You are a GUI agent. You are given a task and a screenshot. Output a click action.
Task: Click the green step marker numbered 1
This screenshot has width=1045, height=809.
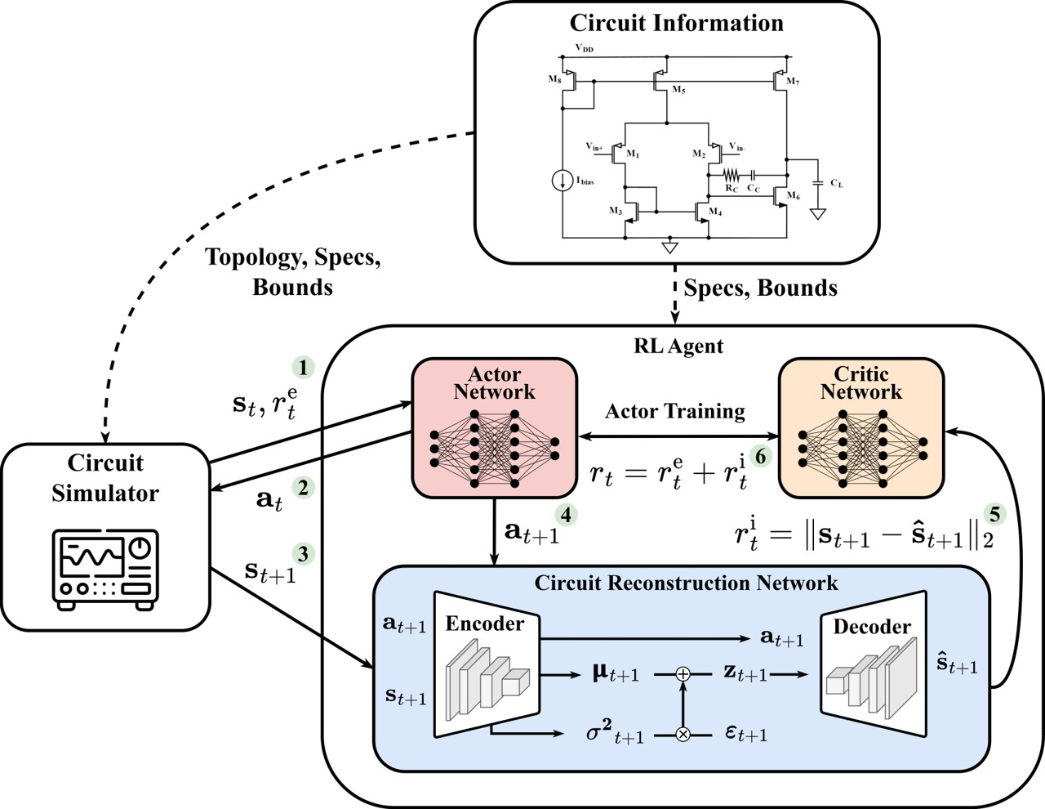(304, 368)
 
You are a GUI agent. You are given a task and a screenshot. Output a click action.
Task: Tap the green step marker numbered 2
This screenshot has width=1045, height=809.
(304, 489)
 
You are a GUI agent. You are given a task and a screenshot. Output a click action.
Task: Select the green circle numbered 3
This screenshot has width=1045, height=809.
(304, 554)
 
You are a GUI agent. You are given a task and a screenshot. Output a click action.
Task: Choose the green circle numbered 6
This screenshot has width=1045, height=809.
(761, 456)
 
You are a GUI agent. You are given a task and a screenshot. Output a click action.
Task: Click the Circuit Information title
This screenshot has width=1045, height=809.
(676, 23)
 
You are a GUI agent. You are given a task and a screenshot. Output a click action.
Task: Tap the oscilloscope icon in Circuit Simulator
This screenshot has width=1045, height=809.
(105, 569)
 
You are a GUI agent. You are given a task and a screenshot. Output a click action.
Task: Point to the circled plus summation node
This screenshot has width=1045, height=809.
(683, 674)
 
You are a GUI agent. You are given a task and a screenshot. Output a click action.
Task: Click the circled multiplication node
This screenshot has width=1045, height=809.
(683, 735)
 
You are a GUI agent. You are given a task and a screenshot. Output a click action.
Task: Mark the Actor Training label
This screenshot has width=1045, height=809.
(674, 411)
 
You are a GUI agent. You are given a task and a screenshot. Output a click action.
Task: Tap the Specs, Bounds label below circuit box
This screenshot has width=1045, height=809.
(760, 288)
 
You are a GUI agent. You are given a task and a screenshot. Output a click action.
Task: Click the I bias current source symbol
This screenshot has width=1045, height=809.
(562, 181)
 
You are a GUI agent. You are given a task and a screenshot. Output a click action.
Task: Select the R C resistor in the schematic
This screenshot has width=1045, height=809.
(731, 175)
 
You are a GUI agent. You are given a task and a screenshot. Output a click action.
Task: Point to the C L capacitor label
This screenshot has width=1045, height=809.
(837, 183)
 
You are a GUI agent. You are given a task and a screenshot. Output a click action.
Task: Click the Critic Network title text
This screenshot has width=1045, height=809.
(860, 382)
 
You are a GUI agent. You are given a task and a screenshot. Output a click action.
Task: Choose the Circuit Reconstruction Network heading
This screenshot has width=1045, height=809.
(686, 583)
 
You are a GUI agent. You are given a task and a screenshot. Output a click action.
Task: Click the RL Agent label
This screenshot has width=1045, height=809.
(678, 346)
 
